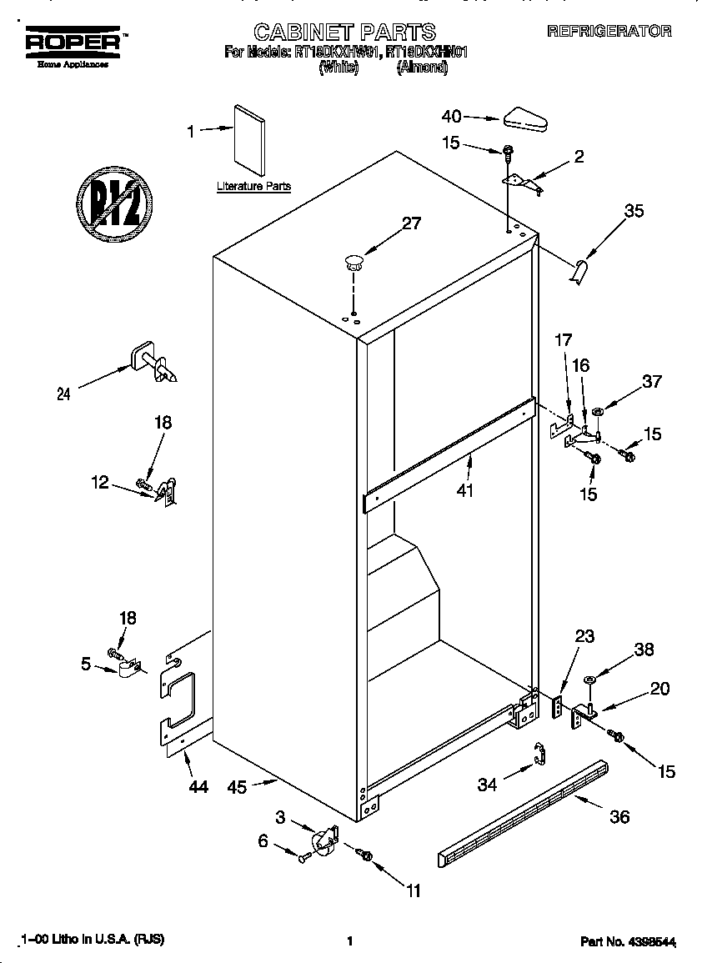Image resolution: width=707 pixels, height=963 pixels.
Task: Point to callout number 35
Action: point(634,212)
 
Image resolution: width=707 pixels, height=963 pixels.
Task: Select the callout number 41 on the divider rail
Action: point(464,491)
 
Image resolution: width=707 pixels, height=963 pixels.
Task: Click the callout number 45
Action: point(238,786)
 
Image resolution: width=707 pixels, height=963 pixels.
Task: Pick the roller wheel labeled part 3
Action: point(321,841)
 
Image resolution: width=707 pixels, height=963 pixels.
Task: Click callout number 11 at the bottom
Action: point(414,891)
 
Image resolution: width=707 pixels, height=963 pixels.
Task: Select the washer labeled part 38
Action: point(590,680)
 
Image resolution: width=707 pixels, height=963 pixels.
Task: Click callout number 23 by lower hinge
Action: point(585,636)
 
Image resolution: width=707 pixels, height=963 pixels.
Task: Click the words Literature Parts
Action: point(253,186)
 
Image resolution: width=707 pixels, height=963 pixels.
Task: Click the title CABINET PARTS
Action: point(344,33)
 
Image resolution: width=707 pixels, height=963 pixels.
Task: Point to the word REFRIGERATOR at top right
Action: point(609,31)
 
